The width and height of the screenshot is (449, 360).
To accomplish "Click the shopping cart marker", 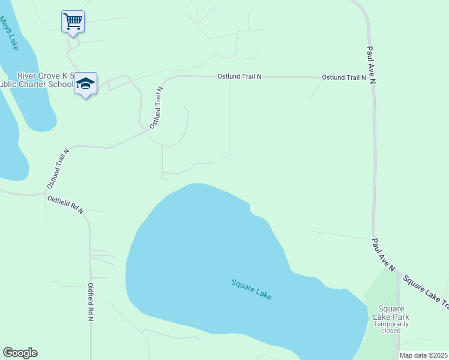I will click(x=73, y=22).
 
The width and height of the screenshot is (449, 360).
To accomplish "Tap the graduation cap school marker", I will click(x=86, y=85).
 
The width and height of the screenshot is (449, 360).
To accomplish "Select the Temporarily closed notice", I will click(x=391, y=327).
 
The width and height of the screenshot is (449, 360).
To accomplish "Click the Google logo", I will click(x=20, y=353).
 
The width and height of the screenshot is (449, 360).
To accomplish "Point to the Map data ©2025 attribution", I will click(x=423, y=355).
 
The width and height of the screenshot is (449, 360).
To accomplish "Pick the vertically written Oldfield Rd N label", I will click(x=91, y=302).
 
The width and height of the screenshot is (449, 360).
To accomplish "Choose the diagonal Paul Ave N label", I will click(x=382, y=254).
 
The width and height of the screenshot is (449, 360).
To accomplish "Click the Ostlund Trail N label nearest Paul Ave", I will click(x=343, y=77).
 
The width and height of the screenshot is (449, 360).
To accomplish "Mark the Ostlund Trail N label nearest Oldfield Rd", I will click(x=58, y=169).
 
